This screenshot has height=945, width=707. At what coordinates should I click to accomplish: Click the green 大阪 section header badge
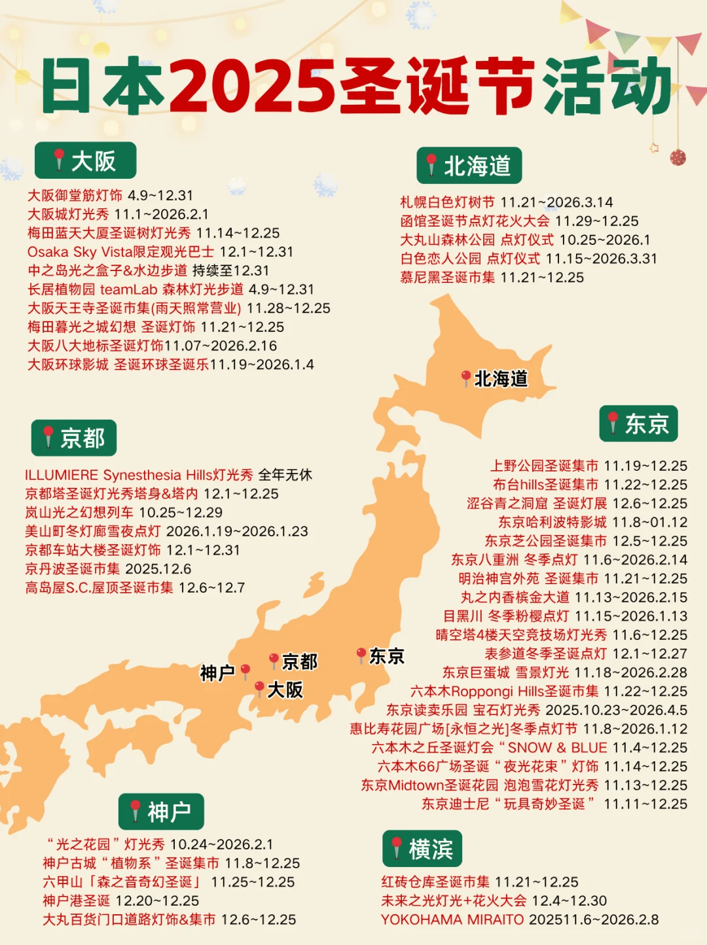(85, 160)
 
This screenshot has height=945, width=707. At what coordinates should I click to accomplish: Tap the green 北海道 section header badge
(469, 166)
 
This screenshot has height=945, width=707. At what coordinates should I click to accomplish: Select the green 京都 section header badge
(74, 438)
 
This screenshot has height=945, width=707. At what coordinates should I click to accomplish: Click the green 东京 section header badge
(638, 424)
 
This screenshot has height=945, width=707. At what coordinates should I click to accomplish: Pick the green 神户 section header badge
(161, 812)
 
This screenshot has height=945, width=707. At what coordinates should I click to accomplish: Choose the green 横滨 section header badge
(422, 849)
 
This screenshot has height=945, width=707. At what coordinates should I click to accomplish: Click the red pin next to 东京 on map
(361, 654)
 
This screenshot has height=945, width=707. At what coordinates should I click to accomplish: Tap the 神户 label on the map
(217, 673)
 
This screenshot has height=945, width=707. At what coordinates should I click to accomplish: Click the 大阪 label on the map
(285, 690)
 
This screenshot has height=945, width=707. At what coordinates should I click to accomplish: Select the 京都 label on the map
(300, 661)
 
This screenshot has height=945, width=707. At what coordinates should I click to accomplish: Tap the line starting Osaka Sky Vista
(160, 251)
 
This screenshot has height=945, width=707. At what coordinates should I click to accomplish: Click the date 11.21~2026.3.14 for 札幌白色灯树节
(556, 202)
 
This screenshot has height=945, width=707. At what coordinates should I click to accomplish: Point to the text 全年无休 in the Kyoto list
(285, 475)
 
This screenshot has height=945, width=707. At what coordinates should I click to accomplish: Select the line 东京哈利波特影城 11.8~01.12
(592, 523)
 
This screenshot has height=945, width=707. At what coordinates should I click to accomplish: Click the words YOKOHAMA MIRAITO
(452, 919)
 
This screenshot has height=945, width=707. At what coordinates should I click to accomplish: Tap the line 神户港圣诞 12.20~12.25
(121, 900)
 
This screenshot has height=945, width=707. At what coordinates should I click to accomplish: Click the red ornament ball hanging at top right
(678, 157)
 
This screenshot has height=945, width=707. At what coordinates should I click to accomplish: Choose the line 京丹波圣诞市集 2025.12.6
(108, 568)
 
